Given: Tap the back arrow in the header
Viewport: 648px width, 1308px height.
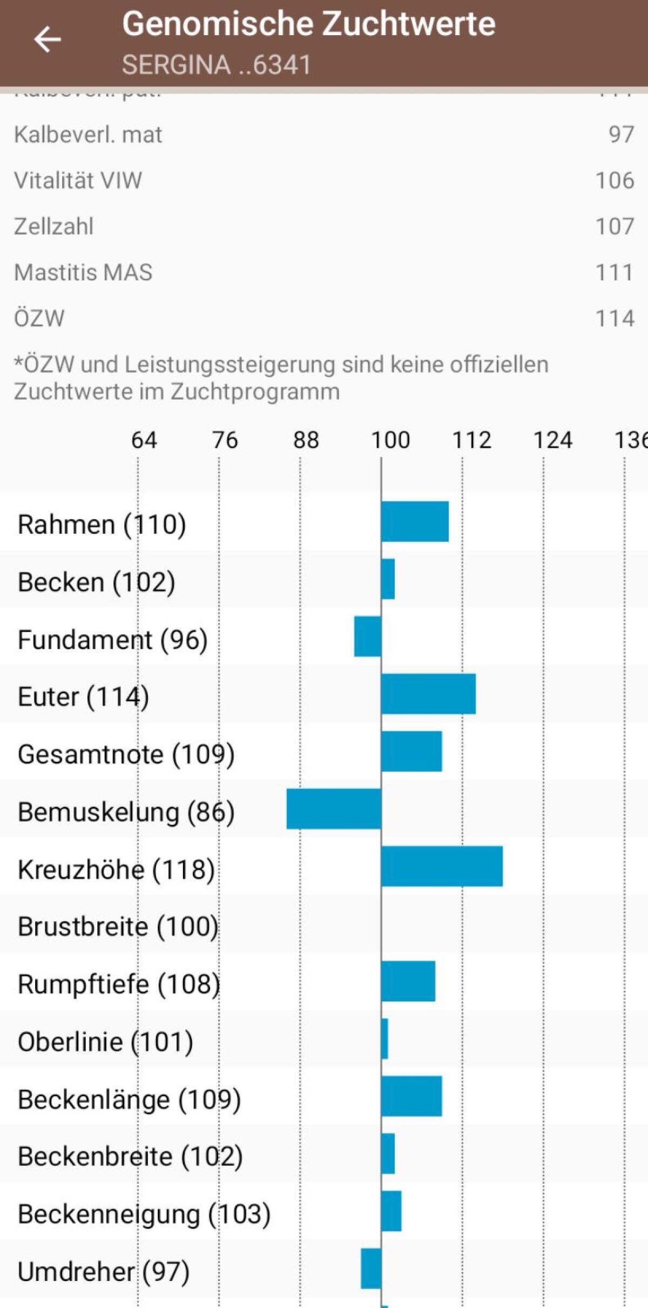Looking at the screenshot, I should pyautogui.click(x=48, y=40).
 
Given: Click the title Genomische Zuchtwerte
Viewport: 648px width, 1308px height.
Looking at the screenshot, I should pyautogui.click(x=308, y=24).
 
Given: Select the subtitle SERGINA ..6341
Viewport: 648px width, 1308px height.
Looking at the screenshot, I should pyautogui.click(x=216, y=65).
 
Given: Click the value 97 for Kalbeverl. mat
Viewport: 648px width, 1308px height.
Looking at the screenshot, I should pyautogui.click(x=621, y=135).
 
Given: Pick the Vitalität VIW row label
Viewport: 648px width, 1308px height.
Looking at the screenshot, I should pyautogui.click(x=78, y=180).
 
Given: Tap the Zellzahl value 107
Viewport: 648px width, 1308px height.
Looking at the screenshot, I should pyautogui.click(x=615, y=226).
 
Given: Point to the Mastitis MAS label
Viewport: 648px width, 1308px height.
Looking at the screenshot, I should pyautogui.click(x=83, y=272).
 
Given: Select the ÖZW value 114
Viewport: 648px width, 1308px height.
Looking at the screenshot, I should pyautogui.click(x=615, y=318).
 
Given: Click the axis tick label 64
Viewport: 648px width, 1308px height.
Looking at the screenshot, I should pyautogui.click(x=144, y=440).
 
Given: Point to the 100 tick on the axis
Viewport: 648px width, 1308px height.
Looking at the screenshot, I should pyautogui.click(x=390, y=440).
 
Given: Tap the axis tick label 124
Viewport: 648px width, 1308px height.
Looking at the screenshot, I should pyautogui.click(x=552, y=440).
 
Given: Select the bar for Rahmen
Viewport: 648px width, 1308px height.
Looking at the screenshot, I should pyautogui.click(x=415, y=521).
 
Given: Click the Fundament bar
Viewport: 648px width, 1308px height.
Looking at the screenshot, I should pyautogui.click(x=368, y=636).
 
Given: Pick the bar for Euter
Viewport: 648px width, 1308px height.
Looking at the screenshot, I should pyautogui.click(x=428, y=694).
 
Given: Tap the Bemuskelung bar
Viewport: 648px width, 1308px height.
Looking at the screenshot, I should pyautogui.click(x=334, y=809).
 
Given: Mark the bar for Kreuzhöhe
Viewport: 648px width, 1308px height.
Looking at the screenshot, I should pyautogui.click(x=442, y=866).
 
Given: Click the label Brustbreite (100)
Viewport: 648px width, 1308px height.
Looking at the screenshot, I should pyautogui.click(x=118, y=927).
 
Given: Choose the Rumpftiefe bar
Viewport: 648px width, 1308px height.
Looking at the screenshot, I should pyautogui.click(x=408, y=981).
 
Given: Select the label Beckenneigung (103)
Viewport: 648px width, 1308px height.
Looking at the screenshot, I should pyautogui.click(x=144, y=1214).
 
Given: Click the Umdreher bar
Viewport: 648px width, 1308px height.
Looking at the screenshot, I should pyautogui.click(x=371, y=1268).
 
